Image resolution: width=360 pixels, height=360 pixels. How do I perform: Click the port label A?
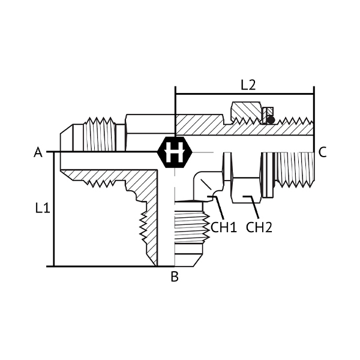click(x=38, y=152)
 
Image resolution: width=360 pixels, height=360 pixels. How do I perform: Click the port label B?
click(x=175, y=277)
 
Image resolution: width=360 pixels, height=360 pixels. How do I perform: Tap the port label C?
click(x=322, y=152)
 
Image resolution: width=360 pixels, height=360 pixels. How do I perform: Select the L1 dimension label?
click(x=43, y=208)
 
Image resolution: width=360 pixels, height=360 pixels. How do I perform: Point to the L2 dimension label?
click(x=248, y=85)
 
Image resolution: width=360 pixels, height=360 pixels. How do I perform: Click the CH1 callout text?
click(x=224, y=227)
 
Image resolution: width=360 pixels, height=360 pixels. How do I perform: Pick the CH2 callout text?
click(x=259, y=227)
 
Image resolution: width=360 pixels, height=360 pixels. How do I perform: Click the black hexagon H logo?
click(x=175, y=152)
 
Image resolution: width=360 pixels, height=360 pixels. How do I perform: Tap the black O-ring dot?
click(x=271, y=120)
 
